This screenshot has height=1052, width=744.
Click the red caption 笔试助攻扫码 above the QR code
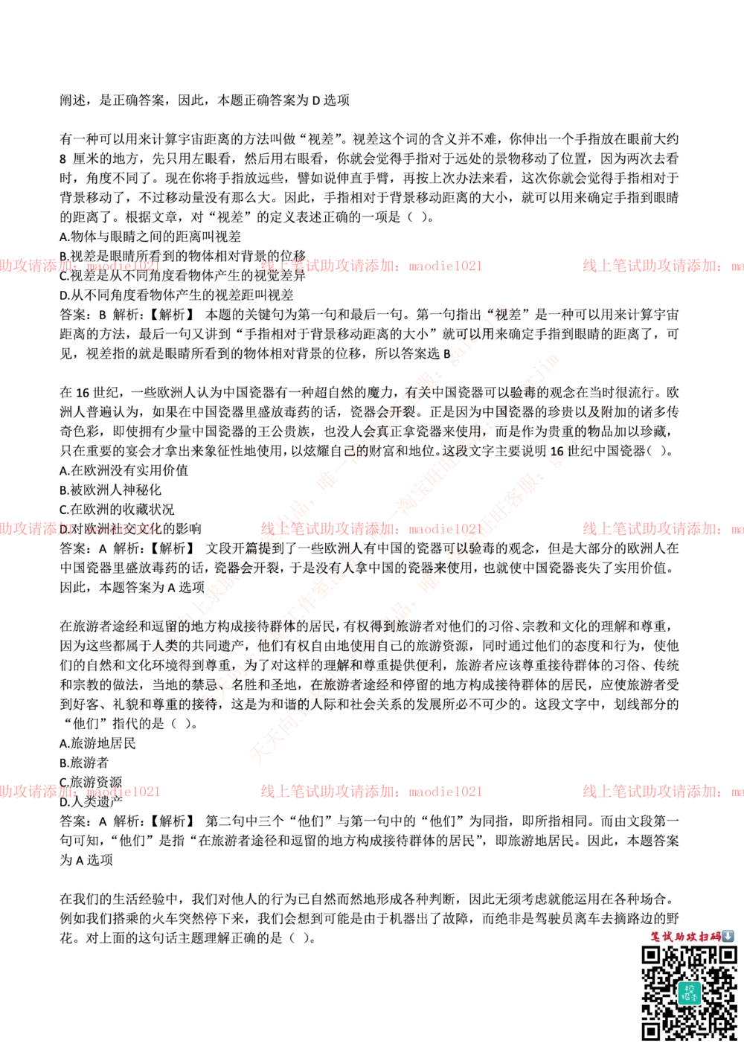click(x=685, y=936)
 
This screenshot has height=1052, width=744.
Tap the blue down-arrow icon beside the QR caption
click(x=728, y=936)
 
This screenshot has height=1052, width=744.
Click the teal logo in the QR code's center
click(x=689, y=992)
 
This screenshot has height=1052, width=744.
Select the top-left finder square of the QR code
click(x=652, y=955)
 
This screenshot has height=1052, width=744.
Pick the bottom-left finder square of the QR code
click(x=652, y=1030)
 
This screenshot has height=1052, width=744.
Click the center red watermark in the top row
click(x=371, y=266)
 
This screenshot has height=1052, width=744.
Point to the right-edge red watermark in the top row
click(x=662, y=266)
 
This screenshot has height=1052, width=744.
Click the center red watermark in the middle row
click(x=371, y=529)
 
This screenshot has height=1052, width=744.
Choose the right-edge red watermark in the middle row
click(x=662, y=529)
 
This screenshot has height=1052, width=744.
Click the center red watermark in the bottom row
click(x=371, y=792)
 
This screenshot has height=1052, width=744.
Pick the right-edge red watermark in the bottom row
click(x=662, y=792)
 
